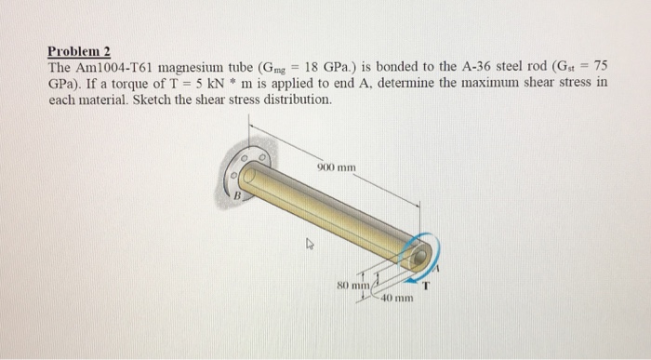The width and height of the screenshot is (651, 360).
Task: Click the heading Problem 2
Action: pyautogui.click(x=79, y=51)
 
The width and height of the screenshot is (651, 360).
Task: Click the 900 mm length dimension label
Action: pyautogui.click(x=337, y=167)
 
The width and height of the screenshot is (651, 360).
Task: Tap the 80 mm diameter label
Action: pyautogui.click(x=352, y=286)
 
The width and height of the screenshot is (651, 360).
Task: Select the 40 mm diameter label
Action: pyautogui.click(x=397, y=298)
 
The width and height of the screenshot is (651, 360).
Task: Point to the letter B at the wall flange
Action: pyautogui.click(x=237, y=195)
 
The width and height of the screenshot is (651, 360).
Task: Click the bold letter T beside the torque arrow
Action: pyautogui.click(x=426, y=286)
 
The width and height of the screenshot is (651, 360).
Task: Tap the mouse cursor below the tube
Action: pyautogui.click(x=310, y=244)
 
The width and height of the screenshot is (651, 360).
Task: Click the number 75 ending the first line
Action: pyautogui.click(x=601, y=66)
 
